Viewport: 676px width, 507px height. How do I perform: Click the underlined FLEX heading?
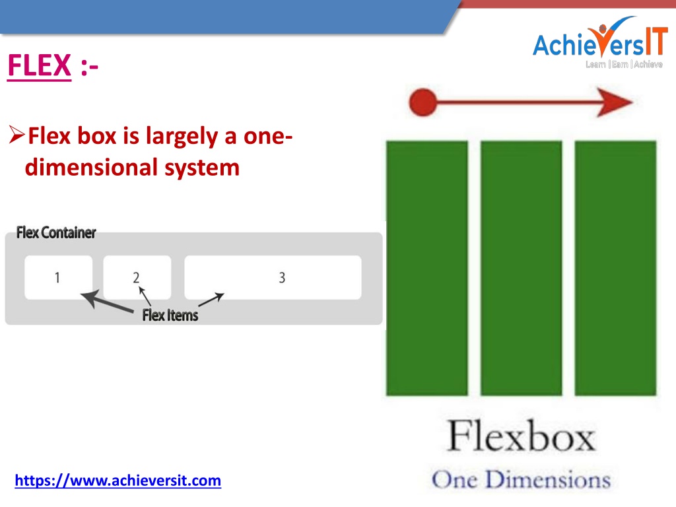[x=39, y=65]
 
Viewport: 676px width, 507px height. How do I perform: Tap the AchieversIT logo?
[x=600, y=42]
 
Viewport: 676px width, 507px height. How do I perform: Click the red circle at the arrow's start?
[x=423, y=102]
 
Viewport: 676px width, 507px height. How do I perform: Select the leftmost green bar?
[x=427, y=268]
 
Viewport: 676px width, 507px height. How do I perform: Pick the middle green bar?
[x=522, y=268]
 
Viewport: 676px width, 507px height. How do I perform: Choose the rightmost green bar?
[x=616, y=268]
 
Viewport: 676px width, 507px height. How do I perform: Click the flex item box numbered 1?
[x=58, y=277]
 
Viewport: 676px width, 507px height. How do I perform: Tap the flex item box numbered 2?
[x=137, y=277]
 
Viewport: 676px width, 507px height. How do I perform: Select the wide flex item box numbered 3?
[x=273, y=277]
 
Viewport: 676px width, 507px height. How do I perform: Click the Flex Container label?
[x=56, y=233]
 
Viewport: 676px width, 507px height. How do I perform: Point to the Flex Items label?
[x=170, y=315]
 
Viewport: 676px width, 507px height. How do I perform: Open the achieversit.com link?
[x=118, y=481]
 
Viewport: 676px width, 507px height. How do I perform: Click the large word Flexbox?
[x=522, y=436]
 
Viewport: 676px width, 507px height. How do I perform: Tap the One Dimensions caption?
[x=522, y=479]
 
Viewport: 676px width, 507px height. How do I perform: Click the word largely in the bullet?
[x=182, y=137]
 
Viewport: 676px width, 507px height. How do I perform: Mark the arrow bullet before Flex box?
[x=17, y=135]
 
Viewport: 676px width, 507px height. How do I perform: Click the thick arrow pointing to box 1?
[x=107, y=301]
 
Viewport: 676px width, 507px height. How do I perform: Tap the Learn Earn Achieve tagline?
[x=624, y=64]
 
